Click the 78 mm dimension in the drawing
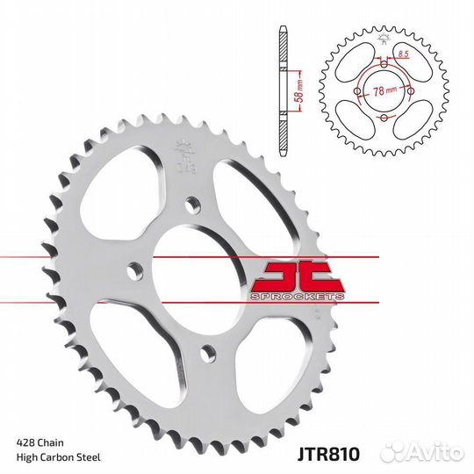coord(384,90)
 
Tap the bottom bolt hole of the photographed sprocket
coord(206,352)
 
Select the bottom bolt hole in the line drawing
coord(384,118)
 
